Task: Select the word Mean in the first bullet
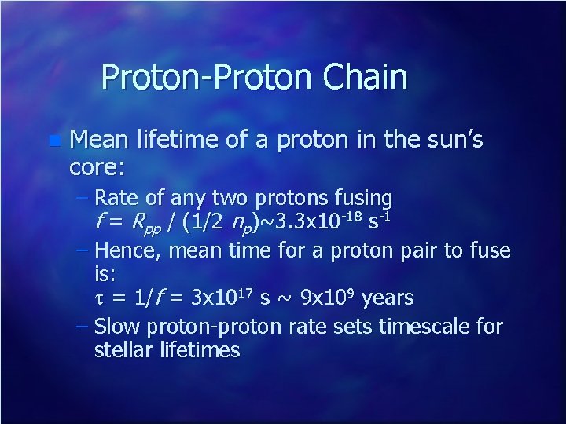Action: pyautogui.click(x=101, y=141)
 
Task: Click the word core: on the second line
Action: pyautogui.click(x=97, y=166)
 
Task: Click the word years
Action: pyautogui.click(x=386, y=298)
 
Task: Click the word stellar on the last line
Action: pyautogui.click(x=121, y=349)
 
